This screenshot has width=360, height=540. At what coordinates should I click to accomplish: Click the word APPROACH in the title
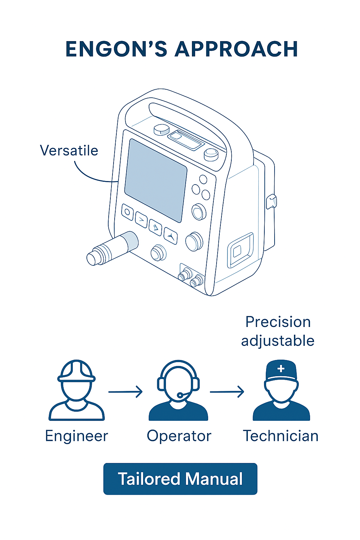coord(236,49)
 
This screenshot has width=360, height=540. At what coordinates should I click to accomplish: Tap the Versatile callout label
coord(69,150)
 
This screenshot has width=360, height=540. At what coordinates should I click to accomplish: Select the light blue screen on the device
coord(155,180)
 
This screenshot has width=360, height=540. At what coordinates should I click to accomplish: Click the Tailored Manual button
coord(180,479)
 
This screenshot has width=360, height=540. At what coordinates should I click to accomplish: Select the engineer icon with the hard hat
coord(76,390)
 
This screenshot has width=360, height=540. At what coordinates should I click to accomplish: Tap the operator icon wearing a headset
coord(178,390)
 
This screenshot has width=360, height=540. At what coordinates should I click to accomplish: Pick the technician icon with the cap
coord(281,390)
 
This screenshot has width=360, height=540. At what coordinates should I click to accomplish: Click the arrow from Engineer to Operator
coord(126,392)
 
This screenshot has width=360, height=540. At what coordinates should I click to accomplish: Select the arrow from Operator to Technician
coord(227,392)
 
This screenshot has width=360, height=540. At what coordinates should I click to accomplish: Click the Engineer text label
coord(76,436)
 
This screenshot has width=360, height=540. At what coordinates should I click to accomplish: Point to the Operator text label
coord(179,436)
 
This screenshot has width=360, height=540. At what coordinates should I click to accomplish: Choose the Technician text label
coord(281,436)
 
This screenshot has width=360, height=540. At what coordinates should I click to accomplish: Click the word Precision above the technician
coord(278,322)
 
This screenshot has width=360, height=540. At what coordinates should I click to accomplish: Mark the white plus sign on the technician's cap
coord(281,369)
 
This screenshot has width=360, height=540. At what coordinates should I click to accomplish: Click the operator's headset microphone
coord(180,396)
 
